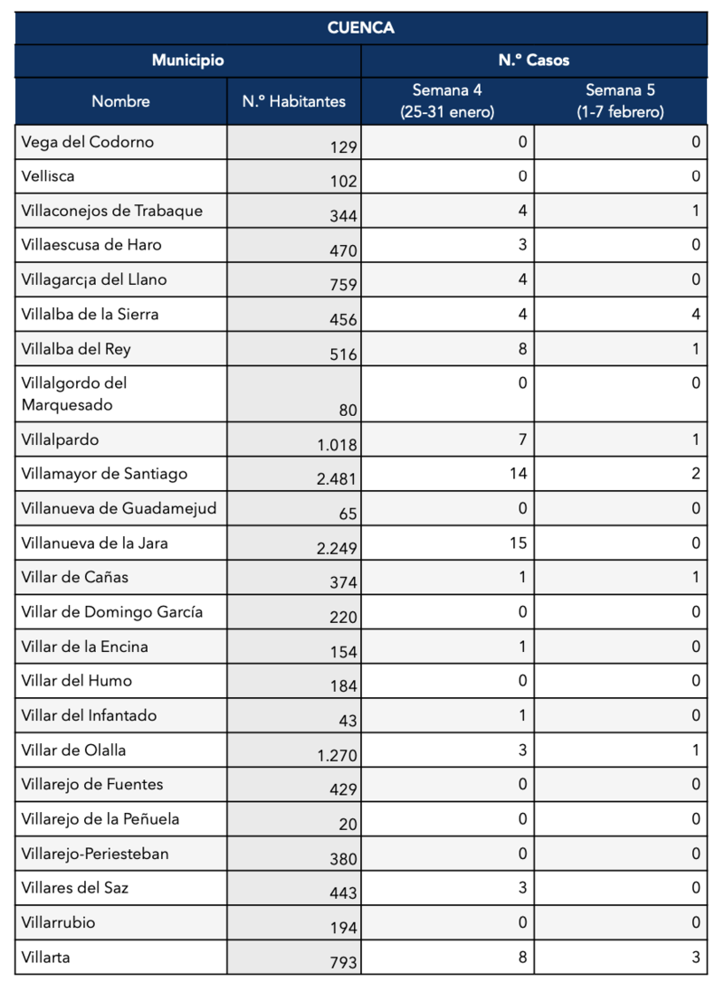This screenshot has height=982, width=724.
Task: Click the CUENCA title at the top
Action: [361, 28]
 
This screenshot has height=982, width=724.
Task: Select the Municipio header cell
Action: [187, 61]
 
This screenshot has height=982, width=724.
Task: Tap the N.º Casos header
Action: [534, 61]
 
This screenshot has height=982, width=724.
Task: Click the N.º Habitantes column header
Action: [294, 101]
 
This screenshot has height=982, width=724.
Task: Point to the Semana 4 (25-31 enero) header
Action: [447, 101]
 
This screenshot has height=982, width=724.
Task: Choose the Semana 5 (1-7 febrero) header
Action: [620, 101]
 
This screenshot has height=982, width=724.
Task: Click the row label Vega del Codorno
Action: [88, 142]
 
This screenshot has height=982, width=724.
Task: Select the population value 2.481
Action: [338, 478]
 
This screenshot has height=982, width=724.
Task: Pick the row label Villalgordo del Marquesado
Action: [74, 393]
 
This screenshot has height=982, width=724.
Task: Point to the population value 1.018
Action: [338, 444]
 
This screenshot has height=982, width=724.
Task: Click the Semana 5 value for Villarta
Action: [696, 957]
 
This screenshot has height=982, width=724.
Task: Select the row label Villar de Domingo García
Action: [112, 612]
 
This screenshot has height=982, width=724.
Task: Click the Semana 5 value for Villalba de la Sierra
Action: [696, 315]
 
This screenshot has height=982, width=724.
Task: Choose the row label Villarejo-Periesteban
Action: [95, 854]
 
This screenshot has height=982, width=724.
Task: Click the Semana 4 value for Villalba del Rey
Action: [522, 349]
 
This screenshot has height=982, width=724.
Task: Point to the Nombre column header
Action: [120, 101]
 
